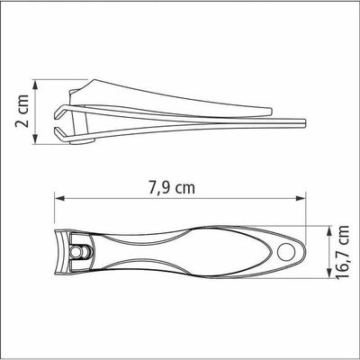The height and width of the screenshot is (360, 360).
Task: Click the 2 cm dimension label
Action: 22,111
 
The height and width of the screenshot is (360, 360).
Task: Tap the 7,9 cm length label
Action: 172,188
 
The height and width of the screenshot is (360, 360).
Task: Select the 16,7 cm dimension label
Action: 342,252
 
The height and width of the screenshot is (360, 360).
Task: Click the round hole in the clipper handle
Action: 285,252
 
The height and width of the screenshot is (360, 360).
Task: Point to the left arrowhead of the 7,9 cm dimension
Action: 59,198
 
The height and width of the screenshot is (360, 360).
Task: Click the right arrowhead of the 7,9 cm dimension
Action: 301,198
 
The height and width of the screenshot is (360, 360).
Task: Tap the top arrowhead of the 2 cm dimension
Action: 35,85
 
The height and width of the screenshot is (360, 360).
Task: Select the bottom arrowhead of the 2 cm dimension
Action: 35,139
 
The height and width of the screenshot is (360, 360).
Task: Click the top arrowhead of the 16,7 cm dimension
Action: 328,231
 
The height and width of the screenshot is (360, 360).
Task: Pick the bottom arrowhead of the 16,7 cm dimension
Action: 328,273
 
